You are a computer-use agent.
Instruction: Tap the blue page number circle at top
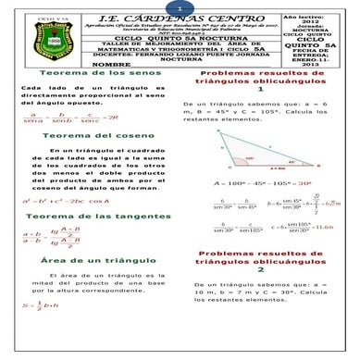180,6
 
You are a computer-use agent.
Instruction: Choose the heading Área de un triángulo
77,263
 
